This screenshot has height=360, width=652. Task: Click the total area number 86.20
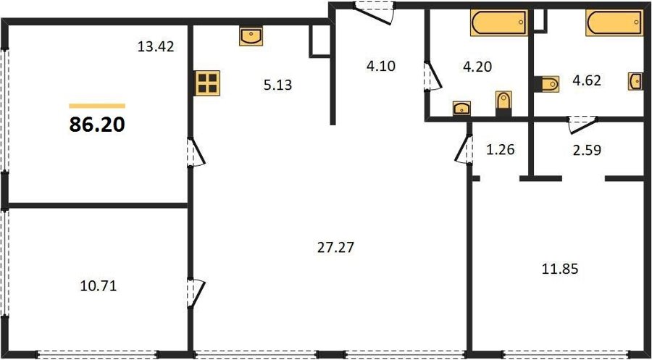[97, 124]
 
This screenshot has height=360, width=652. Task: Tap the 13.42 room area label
[156, 46]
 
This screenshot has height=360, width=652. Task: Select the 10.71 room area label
[98, 285]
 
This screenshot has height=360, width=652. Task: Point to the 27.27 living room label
[335, 247]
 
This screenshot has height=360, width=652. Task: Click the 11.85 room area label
[560, 269]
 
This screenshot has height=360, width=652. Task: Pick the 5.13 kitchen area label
[277, 85]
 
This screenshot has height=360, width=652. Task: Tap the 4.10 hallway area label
[380, 66]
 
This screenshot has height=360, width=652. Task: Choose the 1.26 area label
[501, 148]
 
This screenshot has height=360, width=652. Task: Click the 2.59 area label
[587, 149]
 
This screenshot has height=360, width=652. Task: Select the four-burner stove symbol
[207, 83]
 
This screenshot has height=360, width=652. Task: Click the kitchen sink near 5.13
[251, 36]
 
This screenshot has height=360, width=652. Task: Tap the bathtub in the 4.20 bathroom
[499, 23]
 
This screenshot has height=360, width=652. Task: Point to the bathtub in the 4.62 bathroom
[614, 23]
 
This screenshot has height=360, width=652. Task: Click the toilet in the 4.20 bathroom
[503, 103]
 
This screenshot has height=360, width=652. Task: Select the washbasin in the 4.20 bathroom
[461, 108]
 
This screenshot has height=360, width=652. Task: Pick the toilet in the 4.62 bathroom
[546, 84]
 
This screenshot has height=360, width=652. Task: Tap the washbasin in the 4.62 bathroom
[635, 81]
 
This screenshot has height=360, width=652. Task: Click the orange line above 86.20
[97, 106]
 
